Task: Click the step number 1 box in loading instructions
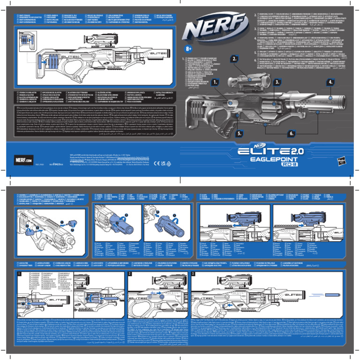pos(19,273)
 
